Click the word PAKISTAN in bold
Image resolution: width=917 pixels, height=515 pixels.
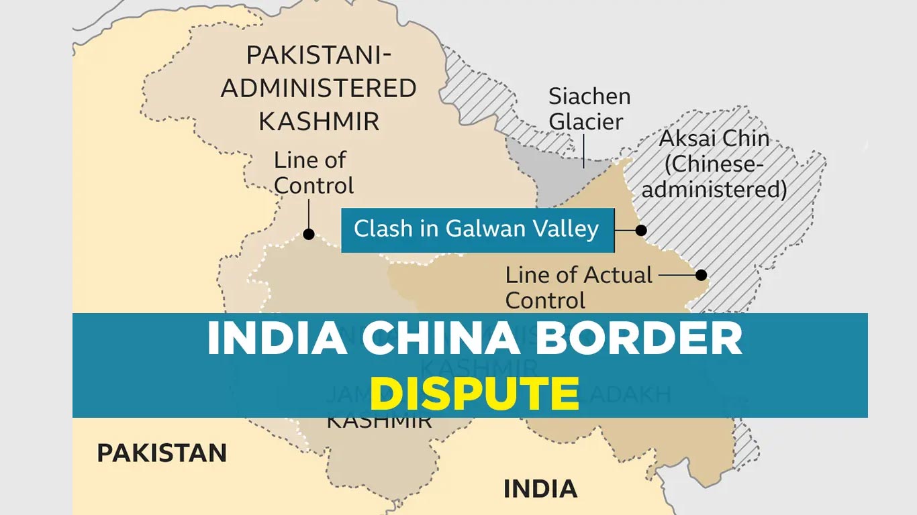162,453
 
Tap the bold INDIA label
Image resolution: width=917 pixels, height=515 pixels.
540,489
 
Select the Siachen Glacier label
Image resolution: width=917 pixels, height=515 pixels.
589,109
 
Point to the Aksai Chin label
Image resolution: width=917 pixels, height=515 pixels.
714,139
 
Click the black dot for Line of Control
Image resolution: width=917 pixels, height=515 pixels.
309,234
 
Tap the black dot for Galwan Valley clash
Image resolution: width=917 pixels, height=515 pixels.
641,230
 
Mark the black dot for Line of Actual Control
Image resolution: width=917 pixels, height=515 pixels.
701,274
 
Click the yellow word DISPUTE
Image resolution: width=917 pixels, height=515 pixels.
474,393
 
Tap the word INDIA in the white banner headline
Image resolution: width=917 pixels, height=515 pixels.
277,341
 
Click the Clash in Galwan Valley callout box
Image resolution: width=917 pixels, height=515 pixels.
477,230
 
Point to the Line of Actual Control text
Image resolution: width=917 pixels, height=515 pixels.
579,287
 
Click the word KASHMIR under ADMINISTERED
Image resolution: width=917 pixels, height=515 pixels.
319,121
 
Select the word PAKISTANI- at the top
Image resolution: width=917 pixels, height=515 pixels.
319,55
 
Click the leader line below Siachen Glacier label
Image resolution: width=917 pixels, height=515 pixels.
583,149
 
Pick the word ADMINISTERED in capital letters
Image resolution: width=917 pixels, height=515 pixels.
319,88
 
